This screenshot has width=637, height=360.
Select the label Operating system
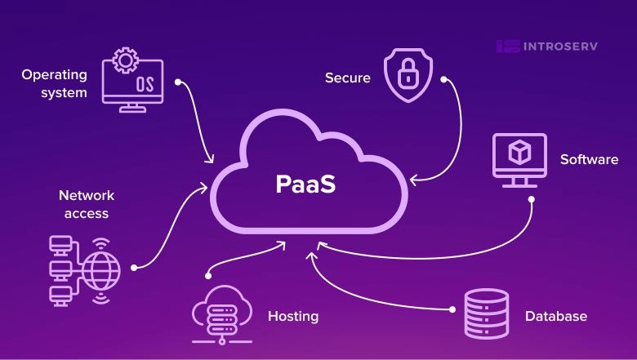click(x=54, y=83)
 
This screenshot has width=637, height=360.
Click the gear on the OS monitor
click(x=126, y=60)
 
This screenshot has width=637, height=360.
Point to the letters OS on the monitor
click(x=145, y=84)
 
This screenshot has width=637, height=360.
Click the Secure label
click(x=348, y=78)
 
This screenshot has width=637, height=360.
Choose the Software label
click(x=589, y=159)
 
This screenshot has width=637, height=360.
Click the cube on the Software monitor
click(x=519, y=152)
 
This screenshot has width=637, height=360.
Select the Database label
click(x=555, y=316)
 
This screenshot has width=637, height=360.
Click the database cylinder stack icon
click(x=487, y=313)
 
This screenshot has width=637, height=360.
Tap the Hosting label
click(x=293, y=316)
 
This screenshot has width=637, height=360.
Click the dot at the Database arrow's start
click(x=452, y=309)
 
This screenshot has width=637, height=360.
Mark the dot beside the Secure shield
click(x=443, y=80)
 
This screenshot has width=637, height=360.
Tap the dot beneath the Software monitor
click(x=531, y=198)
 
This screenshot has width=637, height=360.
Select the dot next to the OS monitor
click(x=179, y=82)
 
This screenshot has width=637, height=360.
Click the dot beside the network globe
click(x=134, y=266)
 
